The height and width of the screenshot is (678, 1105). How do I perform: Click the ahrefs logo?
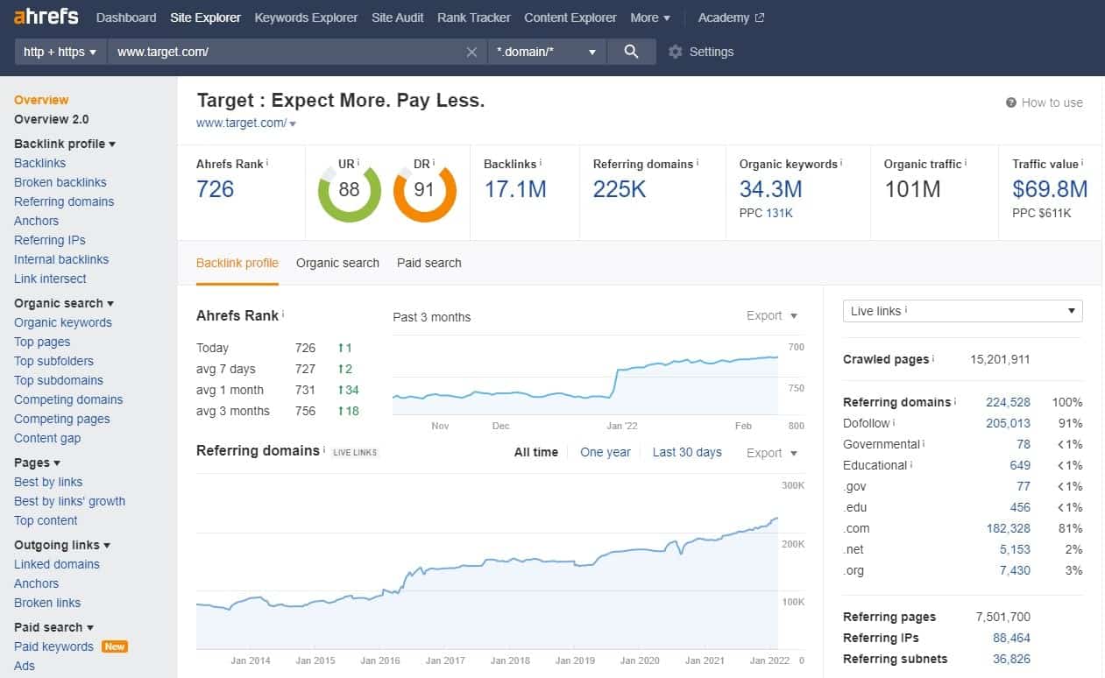(46, 17)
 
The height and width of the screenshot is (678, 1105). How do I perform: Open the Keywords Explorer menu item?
(306, 18)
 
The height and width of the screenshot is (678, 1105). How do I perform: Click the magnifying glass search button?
(631, 52)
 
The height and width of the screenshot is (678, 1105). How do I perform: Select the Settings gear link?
(700, 52)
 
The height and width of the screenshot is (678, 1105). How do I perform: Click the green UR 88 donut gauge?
(349, 190)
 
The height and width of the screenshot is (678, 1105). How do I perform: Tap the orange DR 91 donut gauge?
(424, 190)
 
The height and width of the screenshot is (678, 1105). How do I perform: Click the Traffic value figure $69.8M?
(1049, 189)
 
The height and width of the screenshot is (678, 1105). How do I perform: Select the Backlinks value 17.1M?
(515, 189)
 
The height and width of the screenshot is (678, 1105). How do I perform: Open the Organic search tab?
(337, 263)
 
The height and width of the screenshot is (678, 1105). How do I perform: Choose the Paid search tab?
(429, 263)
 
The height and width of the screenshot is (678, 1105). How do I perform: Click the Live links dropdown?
(962, 311)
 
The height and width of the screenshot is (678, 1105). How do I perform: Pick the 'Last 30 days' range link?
(687, 452)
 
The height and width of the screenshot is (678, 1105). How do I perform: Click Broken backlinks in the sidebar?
(60, 182)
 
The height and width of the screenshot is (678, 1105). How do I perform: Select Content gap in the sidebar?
(47, 438)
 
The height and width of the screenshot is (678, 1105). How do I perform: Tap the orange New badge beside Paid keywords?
(115, 646)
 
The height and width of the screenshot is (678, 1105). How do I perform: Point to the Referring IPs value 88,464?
(1011, 638)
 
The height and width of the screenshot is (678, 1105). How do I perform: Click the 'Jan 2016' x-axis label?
(379, 660)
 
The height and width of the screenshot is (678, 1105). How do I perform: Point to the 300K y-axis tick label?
(792, 484)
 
